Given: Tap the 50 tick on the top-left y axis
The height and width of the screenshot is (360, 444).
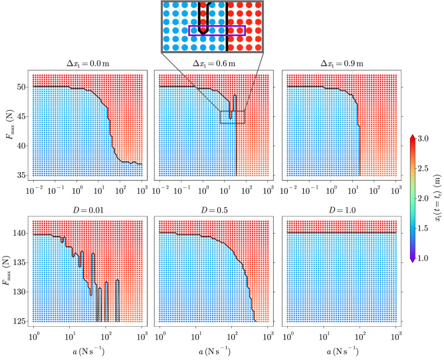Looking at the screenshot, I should point(21,87).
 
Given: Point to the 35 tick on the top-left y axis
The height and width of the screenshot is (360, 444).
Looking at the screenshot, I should point(21,175).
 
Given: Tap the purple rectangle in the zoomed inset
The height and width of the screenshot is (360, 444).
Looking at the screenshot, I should point(217,30).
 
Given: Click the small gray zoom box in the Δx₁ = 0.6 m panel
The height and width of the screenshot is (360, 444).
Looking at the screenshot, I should point(233,116).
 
